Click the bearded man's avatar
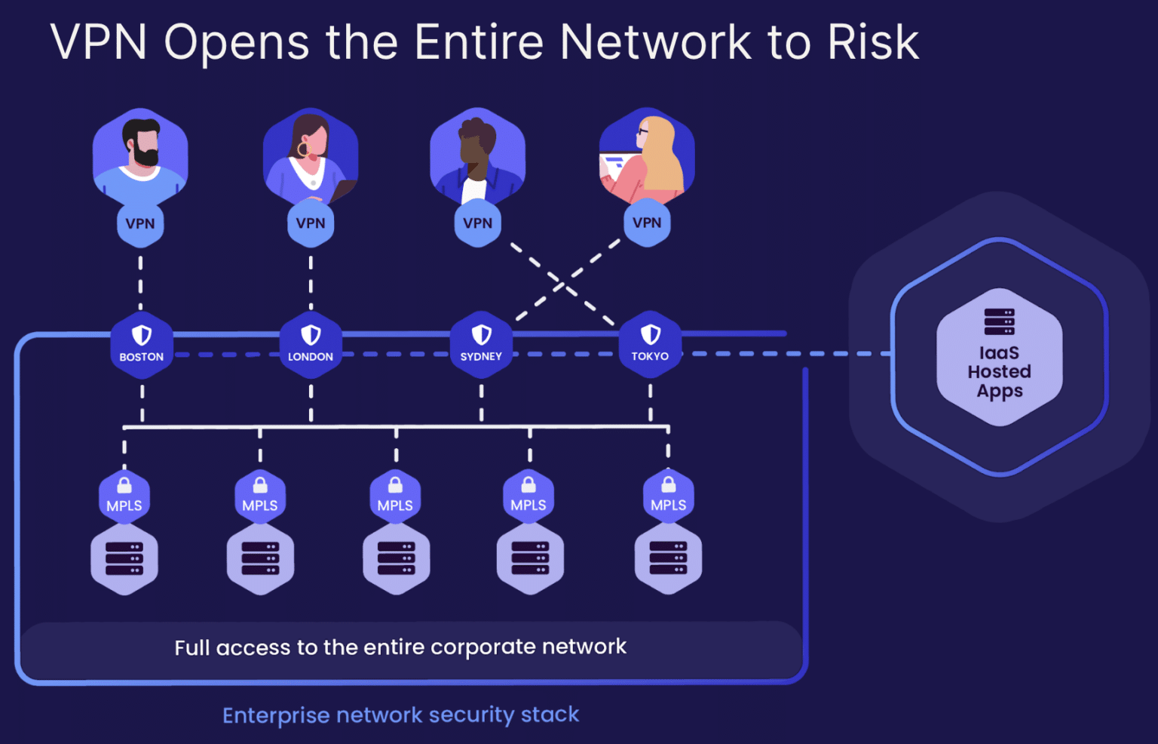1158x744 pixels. tap(140, 155)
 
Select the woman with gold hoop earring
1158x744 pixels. tap(310, 155)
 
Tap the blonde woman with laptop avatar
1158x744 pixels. tap(647, 155)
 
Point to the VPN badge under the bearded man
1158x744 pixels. tap(140, 223)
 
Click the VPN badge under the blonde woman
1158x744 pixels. tap(647, 223)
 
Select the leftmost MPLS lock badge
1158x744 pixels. tap(124, 497)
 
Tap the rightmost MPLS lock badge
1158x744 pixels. tap(668, 497)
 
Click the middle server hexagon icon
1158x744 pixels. tap(396, 558)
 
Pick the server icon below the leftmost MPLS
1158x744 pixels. tap(124, 558)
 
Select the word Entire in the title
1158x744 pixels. tap(479, 42)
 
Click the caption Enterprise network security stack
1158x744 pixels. tap(400, 715)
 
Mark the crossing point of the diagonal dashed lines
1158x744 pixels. tap(562, 285)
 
